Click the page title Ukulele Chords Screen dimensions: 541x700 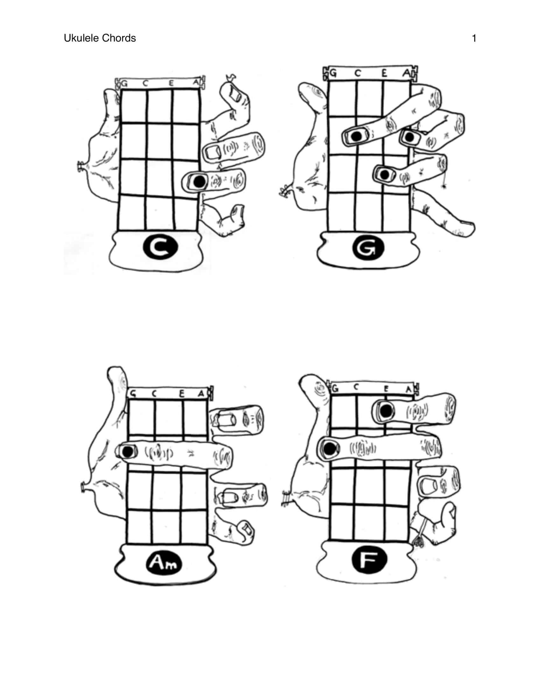100,38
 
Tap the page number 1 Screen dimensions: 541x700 474,38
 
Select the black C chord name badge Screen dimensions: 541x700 160,247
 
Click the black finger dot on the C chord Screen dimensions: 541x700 199,182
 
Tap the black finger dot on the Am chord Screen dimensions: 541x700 128,452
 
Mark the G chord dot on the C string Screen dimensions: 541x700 356,136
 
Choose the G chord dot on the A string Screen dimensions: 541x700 409,137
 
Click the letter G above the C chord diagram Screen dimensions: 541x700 124,84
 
